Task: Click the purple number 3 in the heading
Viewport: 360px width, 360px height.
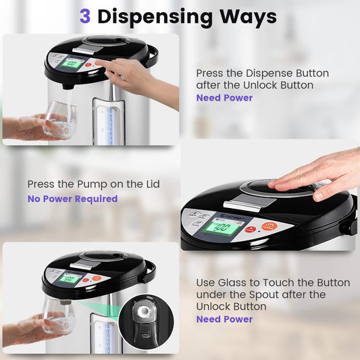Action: tap(85, 16)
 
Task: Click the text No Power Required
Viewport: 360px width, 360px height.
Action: tap(72, 199)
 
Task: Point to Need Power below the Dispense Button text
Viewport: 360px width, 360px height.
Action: tap(224, 98)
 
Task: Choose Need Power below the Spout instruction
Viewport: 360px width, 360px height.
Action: tap(224, 319)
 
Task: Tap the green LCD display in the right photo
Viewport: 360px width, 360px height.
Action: tap(224, 227)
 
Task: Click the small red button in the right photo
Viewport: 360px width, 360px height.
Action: tap(251, 229)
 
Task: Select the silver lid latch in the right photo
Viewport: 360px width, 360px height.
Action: tap(243, 204)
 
